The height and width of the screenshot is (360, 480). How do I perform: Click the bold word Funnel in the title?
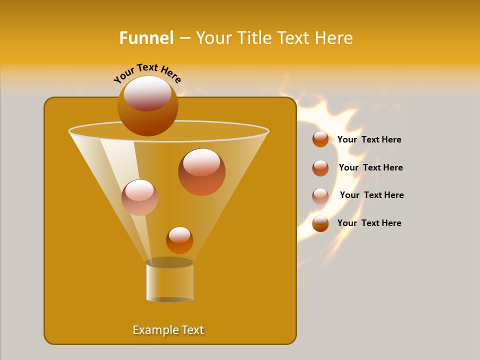pos(146,38)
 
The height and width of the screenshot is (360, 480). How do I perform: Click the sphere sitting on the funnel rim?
pos(147,105)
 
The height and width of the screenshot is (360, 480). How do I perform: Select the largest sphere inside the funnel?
pos(201,172)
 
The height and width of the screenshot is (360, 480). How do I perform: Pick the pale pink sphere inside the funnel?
pos(139,197)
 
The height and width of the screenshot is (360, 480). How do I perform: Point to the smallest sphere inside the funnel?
pos(179,240)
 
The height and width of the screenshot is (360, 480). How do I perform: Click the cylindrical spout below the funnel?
pos(169,283)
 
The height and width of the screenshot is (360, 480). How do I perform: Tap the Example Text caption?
pos(168,330)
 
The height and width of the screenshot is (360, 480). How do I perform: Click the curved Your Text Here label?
pos(147,73)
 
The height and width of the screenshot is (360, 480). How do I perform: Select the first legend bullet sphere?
pos(320,139)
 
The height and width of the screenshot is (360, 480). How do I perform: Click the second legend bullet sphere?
pos(320,168)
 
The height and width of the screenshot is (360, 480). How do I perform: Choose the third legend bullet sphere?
pos(320,196)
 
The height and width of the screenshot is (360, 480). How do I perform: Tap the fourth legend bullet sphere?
pos(320,223)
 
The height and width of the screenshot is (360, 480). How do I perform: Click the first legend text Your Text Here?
pos(369,140)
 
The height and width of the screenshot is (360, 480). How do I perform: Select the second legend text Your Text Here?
pos(370,168)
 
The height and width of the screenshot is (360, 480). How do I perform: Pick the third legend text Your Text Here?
pos(371,195)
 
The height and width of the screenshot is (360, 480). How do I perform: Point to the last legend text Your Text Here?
pos(369,223)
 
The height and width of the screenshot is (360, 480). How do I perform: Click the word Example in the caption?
pos(153,330)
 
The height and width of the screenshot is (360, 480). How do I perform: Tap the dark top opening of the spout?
pos(169,262)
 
